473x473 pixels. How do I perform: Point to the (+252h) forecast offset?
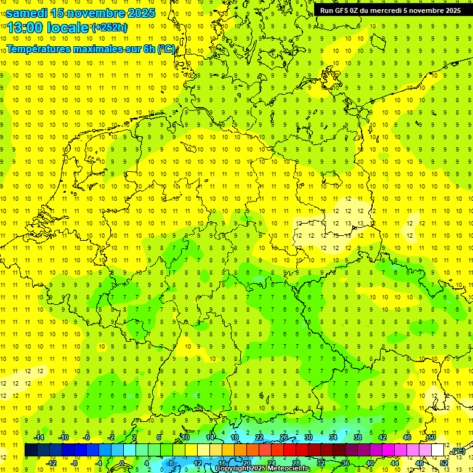point(110,28)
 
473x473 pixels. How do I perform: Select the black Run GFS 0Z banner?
point(390,10)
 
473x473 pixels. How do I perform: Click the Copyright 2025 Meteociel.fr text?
point(262,469)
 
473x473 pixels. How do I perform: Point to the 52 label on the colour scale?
point(444,463)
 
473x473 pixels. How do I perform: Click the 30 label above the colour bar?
point(308,437)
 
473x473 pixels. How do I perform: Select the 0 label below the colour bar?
point(122,463)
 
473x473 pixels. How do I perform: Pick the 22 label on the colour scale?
point(259,437)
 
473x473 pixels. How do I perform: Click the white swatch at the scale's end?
point(437,450)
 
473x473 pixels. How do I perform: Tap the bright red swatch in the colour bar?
point(289,450)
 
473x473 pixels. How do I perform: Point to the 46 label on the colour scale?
point(406,437)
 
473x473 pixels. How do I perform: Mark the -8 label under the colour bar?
point(74,463)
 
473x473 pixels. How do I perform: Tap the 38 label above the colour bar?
point(357,437)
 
